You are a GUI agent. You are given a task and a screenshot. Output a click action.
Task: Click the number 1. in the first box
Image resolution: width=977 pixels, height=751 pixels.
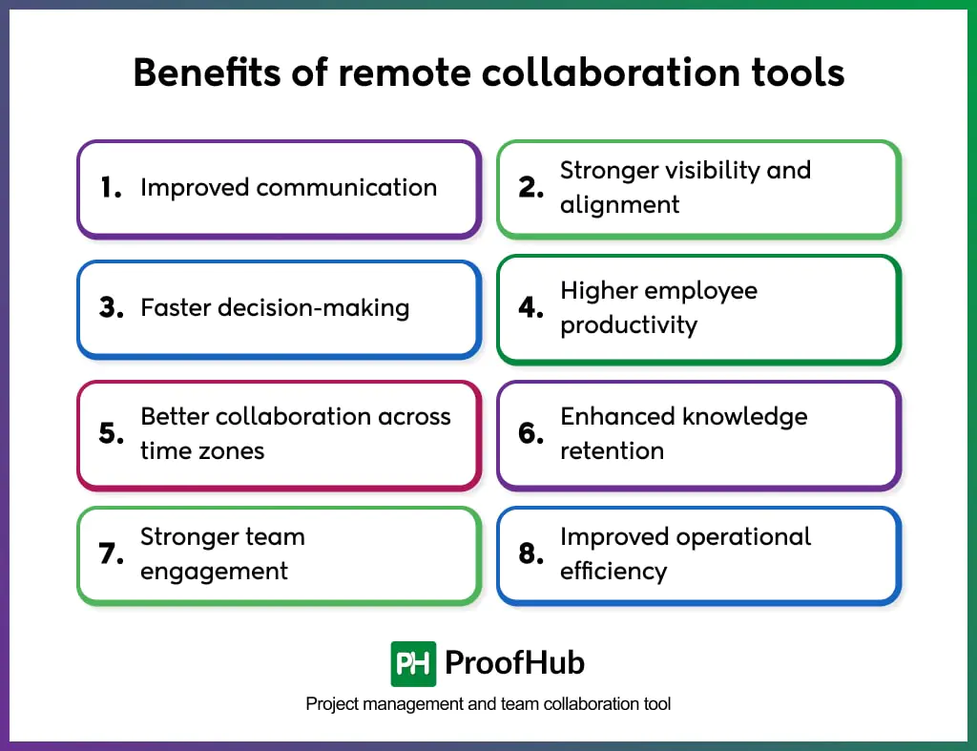click(x=111, y=188)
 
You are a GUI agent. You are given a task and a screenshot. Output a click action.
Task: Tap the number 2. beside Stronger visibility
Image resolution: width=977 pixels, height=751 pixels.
click(x=530, y=188)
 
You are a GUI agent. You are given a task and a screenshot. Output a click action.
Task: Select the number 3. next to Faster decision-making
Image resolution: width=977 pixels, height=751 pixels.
click(x=112, y=308)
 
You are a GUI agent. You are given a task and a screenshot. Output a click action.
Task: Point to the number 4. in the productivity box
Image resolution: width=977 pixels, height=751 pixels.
click(x=530, y=308)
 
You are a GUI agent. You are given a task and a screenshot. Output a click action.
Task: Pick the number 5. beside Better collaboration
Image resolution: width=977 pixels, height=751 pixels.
click(x=112, y=434)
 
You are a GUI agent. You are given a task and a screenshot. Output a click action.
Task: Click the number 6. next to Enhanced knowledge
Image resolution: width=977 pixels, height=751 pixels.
click(x=530, y=434)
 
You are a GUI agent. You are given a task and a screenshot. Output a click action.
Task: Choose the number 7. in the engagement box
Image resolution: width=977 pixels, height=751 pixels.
click(x=112, y=554)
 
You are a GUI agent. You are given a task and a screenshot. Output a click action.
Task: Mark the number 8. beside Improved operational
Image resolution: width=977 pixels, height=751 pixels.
click(x=530, y=554)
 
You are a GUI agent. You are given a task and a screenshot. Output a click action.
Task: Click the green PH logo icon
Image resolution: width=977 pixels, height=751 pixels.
click(x=413, y=663)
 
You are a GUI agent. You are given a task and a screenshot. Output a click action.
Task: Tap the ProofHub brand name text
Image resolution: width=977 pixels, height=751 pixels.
click(x=514, y=663)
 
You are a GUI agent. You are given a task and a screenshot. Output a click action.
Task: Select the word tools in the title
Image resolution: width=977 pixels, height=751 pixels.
click(x=800, y=73)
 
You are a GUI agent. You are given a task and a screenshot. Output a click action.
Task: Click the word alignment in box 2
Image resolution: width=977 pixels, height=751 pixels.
click(x=619, y=205)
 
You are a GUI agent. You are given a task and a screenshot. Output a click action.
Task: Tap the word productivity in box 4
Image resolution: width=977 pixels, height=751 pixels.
click(x=628, y=325)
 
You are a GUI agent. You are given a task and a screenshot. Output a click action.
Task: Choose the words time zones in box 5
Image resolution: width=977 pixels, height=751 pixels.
click(x=202, y=451)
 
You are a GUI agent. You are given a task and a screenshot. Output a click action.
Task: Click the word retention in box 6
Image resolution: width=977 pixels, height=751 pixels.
click(x=612, y=451)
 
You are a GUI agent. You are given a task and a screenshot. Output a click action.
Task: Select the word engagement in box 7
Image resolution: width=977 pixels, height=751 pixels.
click(x=214, y=572)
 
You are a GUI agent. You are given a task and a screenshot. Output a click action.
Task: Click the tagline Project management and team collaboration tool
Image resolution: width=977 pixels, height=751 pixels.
click(x=488, y=704)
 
